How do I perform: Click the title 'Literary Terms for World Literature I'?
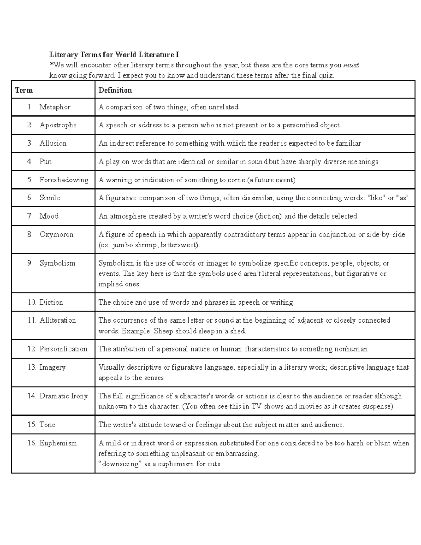pyautogui.click(x=114, y=54)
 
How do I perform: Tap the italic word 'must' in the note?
pyautogui.click(x=351, y=65)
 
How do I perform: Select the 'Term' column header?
pyautogui.click(x=24, y=90)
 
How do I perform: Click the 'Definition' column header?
pyautogui.click(x=115, y=90)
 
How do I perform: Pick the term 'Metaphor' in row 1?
pyautogui.click(x=55, y=107)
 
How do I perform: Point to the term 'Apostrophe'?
pyautogui.click(x=58, y=125)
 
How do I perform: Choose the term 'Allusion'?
pyautogui.click(x=53, y=143)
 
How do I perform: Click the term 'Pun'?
pyautogui.click(x=46, y=161)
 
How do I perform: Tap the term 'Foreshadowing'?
pyautogui.click(x=64, y=180)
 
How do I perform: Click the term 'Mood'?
pyautogui.click(x=49, y=216)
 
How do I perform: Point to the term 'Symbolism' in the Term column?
pyautogui.click(x=57, y=263)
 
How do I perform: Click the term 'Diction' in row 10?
pyautogui.click(x=51, y=302)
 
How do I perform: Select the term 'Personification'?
pyautogui.click(x=63, y=349)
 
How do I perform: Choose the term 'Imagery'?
pyautogui.click(x=52, y=367)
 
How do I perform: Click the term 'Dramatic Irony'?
pyautogui.click(x=63, y=396)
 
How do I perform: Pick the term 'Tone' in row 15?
pyautogui.click(x=47, y=425)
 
